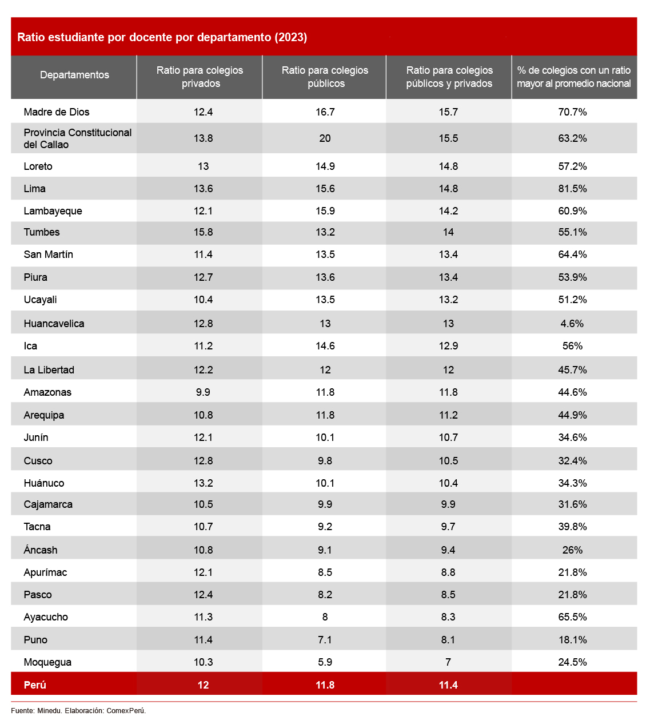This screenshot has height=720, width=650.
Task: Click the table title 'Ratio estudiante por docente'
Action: tap(162, 37)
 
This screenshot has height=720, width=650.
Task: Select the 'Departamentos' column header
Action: tap(74, 75)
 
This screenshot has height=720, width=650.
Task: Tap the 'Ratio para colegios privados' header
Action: tap(200, 77)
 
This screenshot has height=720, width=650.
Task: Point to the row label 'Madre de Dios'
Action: tap(57, 112)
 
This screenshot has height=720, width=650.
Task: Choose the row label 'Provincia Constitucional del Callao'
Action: tap(77, 138)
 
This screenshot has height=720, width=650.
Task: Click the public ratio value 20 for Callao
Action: tap(325, 138)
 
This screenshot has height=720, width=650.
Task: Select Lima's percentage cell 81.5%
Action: tap(572, 189)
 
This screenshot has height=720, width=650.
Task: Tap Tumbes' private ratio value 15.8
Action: tap(203, 232)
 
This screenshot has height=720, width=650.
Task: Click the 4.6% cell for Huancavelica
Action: tap(572, 324)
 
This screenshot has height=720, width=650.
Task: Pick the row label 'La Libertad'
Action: tap(49, 370)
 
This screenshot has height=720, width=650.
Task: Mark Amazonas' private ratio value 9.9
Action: tap(203, 392)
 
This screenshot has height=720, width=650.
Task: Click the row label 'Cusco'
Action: tap(38, 461)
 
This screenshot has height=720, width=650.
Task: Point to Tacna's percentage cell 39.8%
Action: tap(572, 527)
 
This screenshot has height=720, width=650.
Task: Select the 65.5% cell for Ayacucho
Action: tap(572, 617)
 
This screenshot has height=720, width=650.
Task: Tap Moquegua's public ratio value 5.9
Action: tap(325, 662)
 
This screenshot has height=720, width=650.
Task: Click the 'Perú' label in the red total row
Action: tap(35, 685)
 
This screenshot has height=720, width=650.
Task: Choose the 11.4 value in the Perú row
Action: tap(448, 685)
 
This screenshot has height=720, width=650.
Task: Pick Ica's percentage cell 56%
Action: tap(572, 346)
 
